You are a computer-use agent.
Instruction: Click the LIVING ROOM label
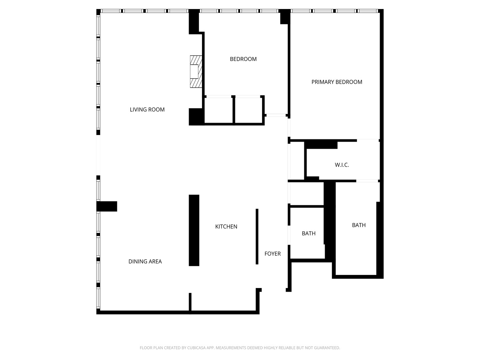coord(147,110)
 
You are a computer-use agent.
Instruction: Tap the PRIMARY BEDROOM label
coord(337,82)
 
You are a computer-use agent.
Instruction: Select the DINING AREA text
coord(145,262)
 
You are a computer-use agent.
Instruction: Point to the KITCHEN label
coord(226,227)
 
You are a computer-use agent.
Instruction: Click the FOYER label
coord(272,254)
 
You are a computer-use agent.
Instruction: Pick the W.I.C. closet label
coord(342,165)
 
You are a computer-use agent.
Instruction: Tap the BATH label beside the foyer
coord(308,233)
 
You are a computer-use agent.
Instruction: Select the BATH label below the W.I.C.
coord(359,225)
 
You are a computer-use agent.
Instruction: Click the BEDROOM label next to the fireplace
coord(243,59)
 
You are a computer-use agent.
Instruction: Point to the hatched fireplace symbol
coord(196,71)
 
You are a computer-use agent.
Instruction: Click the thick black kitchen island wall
coord(194,230)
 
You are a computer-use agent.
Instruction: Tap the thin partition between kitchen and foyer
coord(257,236)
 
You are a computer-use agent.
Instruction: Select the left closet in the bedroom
coord(218,110)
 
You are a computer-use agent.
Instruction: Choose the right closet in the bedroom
coord(248,110)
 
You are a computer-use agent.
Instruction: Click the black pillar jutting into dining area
coord(107,206)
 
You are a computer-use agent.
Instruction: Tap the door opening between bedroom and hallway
coord(276,115)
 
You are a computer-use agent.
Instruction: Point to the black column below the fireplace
coord(196,117)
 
